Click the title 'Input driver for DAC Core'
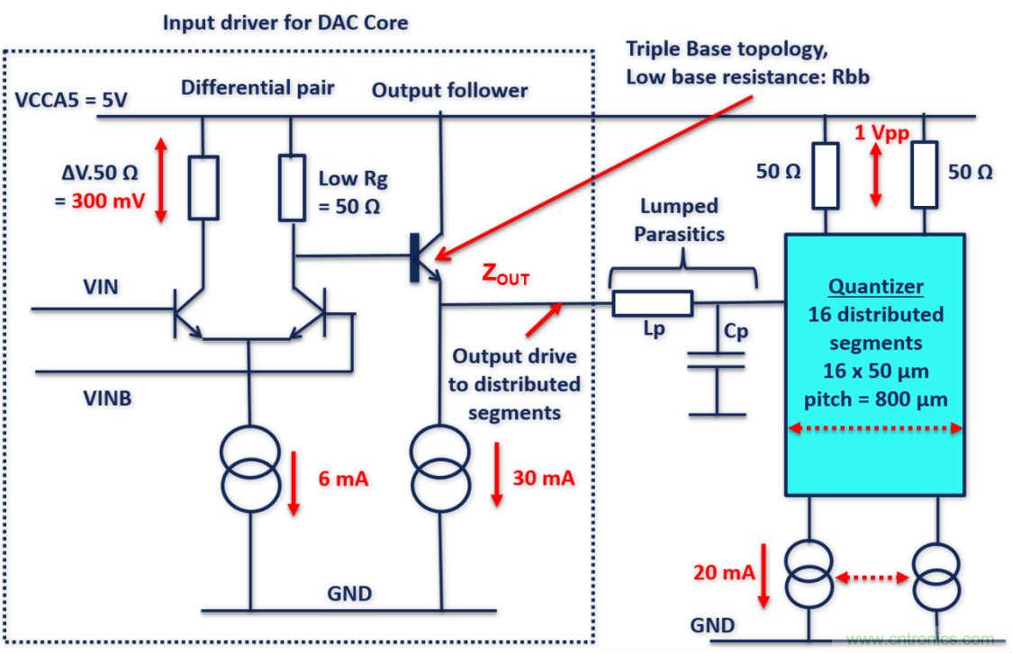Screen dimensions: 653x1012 tap(285, 22)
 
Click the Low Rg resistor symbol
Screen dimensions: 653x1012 tap(291, 186)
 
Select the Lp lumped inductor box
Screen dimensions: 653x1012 tap(652, 305)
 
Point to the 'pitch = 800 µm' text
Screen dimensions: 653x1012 tap(873, 398)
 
